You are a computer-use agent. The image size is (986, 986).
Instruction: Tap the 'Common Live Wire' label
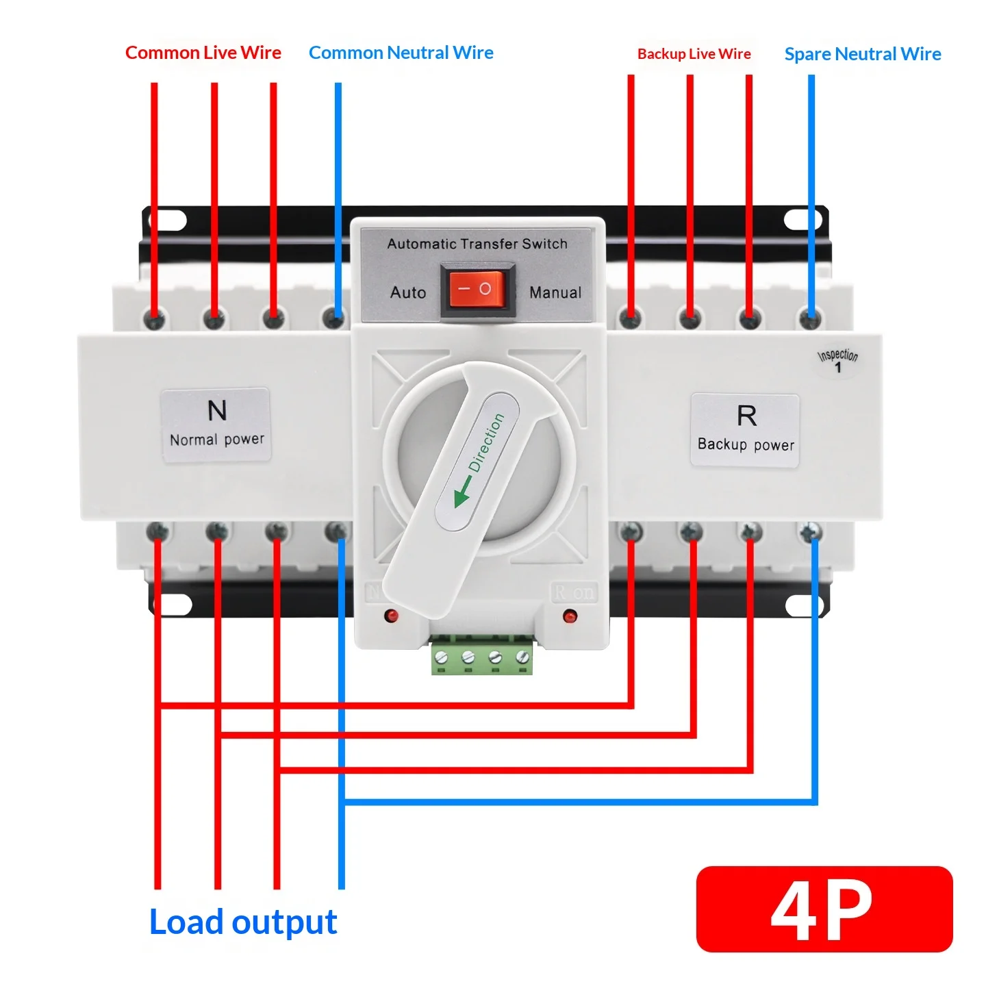click(203, 53)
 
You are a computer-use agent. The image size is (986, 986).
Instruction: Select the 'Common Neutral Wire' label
click(401, 53)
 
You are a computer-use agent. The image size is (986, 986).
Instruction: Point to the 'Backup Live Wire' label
click(694, 53)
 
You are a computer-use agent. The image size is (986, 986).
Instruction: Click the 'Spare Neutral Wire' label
click(863, 54)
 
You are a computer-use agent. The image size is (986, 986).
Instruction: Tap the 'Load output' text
click(243, 922)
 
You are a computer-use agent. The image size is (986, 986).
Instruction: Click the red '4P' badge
click(824, 909)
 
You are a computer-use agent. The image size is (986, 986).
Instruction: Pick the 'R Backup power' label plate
click(745, 430)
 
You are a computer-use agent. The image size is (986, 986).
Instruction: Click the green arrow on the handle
click(462, 491)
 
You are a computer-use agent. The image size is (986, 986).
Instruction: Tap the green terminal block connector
click(481, 655)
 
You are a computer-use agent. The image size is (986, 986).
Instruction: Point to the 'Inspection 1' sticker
click(837, 362)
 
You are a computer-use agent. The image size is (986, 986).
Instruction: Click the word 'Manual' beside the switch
click(556, 292)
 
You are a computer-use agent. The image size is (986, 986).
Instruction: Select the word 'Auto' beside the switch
click(408, 292)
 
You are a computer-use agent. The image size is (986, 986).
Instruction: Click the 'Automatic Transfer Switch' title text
click(477, 244)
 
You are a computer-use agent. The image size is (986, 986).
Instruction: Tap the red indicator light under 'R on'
click(570, 616)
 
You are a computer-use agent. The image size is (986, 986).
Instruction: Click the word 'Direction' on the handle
click(486, 442)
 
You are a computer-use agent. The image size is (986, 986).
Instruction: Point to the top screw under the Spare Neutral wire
click(810, 320)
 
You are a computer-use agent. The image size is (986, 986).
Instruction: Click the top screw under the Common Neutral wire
click(333, 319)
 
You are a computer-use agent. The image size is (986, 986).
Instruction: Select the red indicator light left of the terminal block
click(392, 616)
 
